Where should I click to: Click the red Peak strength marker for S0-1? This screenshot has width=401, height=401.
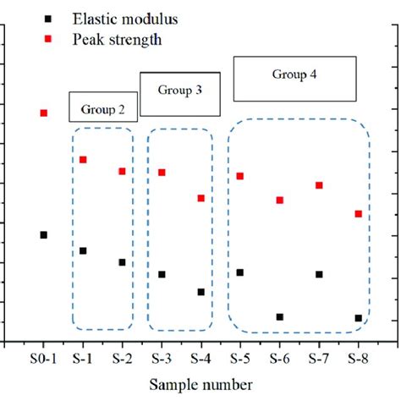click(x=43, y=113)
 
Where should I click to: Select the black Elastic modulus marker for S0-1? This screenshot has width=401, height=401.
click(x=43, y=234)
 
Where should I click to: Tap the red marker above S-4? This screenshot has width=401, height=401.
click(x=200, y=198)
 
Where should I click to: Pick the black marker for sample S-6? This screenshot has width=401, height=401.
click(x=279, y=316)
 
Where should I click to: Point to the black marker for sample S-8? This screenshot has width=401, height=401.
click(x=358, y=318)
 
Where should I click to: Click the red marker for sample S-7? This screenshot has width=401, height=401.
click(x=319, y=185)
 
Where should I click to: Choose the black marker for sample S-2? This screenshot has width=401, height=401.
click(x=122, y=262)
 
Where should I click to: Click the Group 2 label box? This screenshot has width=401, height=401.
click(x=102, y=107)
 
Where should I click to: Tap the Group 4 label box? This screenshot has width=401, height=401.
click(x=294, y=79)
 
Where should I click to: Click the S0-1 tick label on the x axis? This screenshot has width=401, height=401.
click(x=42, y=359)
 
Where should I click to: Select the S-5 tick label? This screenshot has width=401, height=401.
click(x=240, y=359)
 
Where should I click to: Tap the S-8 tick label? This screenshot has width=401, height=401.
click(x=358, y=359)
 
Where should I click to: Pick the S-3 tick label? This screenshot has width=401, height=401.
click(x=161, y=359)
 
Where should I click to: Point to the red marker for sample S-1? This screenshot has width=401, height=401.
click(x=83, y=159)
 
